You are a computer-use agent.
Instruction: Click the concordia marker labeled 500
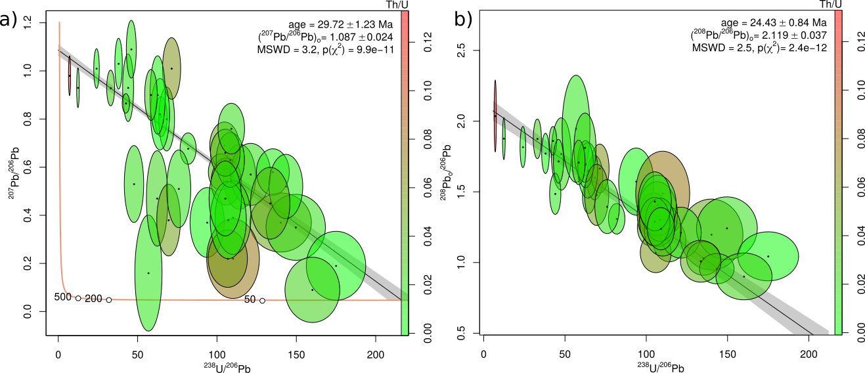tap(78, 298)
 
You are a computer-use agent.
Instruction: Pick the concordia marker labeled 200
tap(109, 300)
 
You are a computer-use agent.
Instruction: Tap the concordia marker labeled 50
tap(262, 301)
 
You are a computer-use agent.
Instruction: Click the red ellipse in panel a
tap(70, 76)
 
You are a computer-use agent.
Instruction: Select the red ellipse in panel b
tap(495, 116)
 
